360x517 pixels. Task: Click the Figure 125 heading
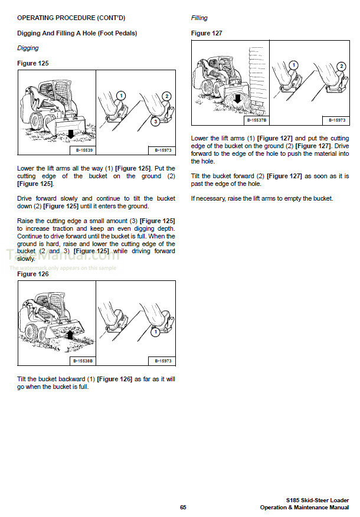(33, 63)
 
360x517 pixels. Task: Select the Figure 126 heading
(33, 274)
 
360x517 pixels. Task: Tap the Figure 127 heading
(207, 33)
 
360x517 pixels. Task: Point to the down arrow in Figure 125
(70, 135)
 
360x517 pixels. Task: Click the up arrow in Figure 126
(69, 335)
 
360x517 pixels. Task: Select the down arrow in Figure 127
(237, 99)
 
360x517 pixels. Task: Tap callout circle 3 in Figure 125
(155, 122)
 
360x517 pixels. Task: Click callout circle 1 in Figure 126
(155, 332)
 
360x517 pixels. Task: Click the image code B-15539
(81, 149)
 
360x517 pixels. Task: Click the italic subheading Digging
(28, 48)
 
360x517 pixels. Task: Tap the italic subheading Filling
(199, 18)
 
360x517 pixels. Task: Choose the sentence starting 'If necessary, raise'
(262, 198)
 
